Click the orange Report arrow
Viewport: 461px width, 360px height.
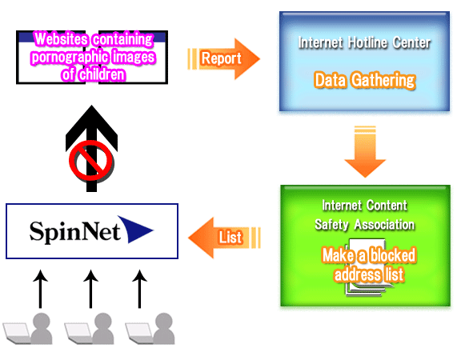(223, 58)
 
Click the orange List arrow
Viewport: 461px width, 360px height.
(224, 238)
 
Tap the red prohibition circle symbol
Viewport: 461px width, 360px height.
(91, 161)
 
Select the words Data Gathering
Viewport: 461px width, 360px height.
(365, 80)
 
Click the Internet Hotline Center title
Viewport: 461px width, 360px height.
(364, 42)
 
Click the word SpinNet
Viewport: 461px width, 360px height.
(75, 232)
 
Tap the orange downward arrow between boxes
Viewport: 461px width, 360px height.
(365, 152)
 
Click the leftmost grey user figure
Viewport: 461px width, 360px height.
(42, 328)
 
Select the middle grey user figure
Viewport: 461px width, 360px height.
(103, 328)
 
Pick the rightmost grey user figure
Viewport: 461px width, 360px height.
(164, 328)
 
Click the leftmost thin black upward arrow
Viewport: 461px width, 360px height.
(40, 289)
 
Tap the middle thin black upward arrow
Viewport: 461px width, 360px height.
(90, 289)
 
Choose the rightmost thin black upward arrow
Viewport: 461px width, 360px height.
(139, 289)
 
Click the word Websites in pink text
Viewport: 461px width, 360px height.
(61, 39)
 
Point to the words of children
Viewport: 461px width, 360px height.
(94, 74)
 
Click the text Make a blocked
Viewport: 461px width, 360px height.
(369, 255)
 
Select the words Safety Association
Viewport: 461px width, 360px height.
(365, 225)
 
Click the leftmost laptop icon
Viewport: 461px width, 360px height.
(17, 333)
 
